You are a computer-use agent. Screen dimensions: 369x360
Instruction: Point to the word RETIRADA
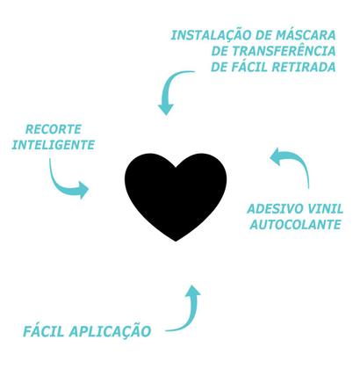coord(305,67)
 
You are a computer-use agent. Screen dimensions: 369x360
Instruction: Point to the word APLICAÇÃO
coord(112,331)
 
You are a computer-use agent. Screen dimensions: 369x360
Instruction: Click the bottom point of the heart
coord(178,242)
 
